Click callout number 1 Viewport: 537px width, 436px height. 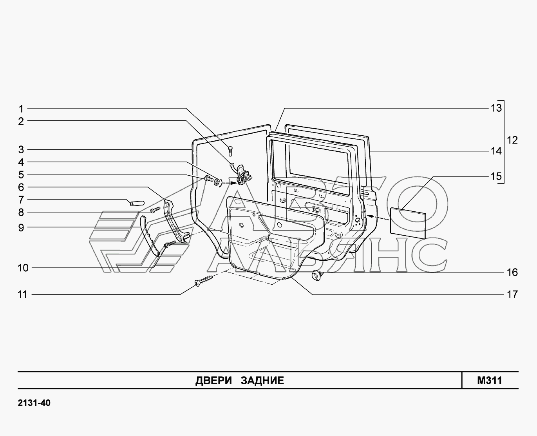point(21,109)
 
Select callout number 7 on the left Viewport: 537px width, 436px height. point(21,200)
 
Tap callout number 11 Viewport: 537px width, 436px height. point(22,294)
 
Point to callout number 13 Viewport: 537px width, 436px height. point(496,108)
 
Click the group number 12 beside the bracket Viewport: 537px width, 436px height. point(512,140)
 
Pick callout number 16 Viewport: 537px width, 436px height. point(512,272)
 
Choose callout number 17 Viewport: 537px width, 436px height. point(512,294)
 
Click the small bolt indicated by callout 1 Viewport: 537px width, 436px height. point(230,151)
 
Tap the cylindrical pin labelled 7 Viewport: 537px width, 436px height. point(137,203)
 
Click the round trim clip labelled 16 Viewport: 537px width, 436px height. point(317,275)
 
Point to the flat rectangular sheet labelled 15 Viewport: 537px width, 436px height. point(408,223)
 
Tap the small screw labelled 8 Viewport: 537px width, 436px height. point(155,210)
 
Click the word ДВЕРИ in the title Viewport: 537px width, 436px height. point(213,381)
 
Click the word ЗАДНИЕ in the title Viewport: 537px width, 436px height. point(262,380)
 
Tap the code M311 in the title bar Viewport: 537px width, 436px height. point(490,380)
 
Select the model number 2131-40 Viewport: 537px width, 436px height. point(34,403)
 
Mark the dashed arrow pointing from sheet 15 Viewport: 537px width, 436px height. point(378,218)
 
